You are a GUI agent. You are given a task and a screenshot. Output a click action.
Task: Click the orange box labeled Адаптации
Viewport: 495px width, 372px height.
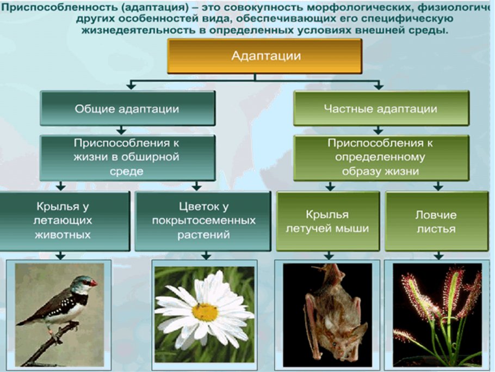pyautogui.click(x=264, y=56)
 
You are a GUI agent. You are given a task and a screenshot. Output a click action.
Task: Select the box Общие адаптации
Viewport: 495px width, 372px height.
pyautogui.click(x=127, y=109)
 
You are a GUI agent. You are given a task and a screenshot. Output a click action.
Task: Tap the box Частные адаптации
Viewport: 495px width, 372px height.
pyautogui.click(x=380, y=109)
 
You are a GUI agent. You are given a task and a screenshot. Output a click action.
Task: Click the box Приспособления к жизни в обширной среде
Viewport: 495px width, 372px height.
pyautogui.click(x=127, y=157)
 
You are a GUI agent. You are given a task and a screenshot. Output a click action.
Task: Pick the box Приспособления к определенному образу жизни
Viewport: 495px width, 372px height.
pyautogui.click(x=380, y=158)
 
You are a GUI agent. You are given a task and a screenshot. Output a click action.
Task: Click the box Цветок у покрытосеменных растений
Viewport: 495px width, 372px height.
pyautogui.click(x=202, y=221)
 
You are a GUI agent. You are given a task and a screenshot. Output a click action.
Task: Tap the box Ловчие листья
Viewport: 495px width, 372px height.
pyautogui.click(x=436, y=221)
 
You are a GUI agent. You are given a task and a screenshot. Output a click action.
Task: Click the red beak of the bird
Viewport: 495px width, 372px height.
pyautogui.click(x=94, y=283)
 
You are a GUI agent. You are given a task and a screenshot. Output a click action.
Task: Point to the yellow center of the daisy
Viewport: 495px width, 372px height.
pyautogui.click(x=205, y=312)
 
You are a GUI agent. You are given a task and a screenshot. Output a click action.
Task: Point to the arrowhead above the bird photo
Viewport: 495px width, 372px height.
pyautogui.click(x=61, y=255)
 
